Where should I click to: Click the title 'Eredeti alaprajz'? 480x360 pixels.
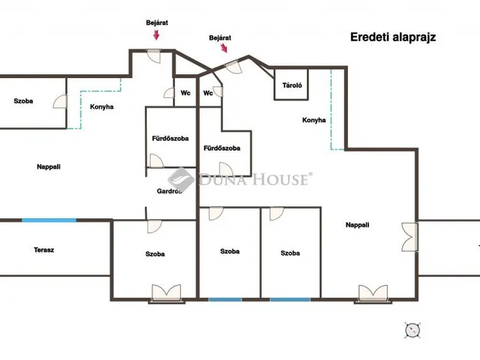(393, 37)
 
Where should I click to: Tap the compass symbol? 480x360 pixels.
(412, 330)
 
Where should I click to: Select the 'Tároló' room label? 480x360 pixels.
(292, 85)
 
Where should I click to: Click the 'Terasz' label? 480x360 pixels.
(43, 250)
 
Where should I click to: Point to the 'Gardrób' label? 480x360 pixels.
(169, 191)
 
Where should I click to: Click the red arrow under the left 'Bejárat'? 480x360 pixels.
(156, 35)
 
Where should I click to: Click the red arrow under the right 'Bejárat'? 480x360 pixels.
(224, 48)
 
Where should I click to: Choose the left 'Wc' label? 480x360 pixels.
(185, 93)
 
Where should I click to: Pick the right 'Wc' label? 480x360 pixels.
(208, 93)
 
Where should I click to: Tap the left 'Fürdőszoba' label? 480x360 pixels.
(170, 138)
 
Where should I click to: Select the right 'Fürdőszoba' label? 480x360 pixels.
(222, 148)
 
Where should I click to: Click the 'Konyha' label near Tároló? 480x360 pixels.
(313, 120)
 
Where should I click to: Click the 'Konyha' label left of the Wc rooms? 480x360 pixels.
(102, 106)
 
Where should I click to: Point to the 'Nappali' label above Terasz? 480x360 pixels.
(48, 166)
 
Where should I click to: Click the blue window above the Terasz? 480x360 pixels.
(49, 220)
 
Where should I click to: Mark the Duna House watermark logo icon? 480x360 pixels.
(181, 180)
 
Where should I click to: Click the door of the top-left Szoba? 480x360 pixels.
(60, 101)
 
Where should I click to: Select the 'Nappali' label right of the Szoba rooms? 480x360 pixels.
(357, 225)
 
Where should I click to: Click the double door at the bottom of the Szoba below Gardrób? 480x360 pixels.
(166, 292)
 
